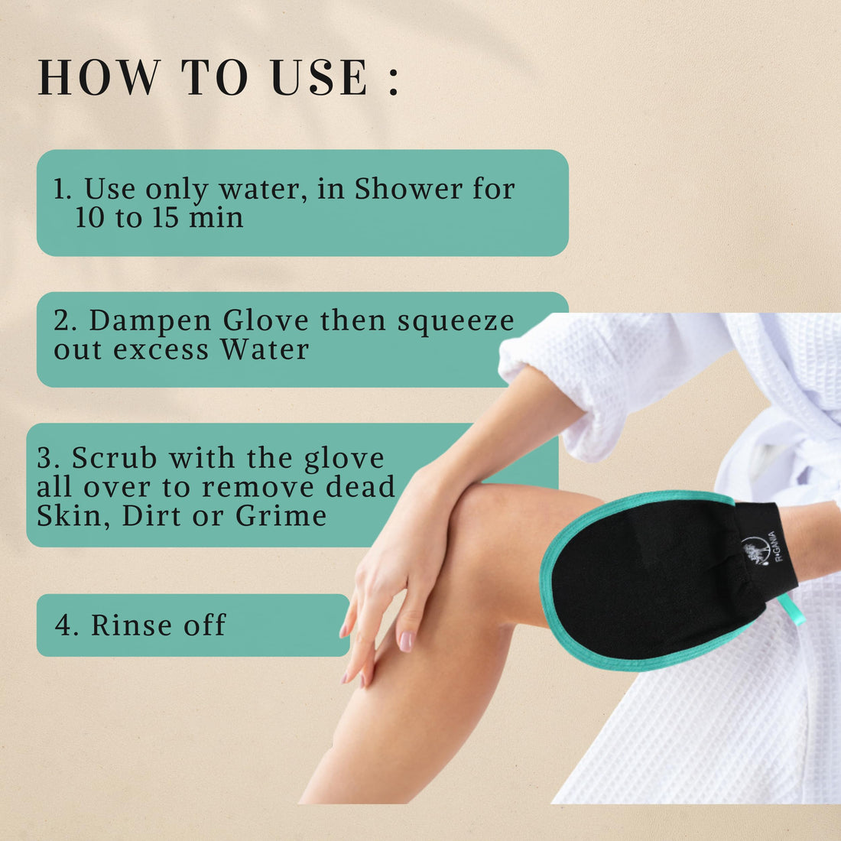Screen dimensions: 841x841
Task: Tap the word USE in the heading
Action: tap(320, 77)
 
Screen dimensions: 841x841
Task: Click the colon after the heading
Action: tap(394, 79)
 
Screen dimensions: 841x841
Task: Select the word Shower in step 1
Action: tap(408, 189)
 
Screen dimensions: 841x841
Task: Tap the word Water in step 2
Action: tap(265, 349)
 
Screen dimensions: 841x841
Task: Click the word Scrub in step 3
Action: tap(114, 459)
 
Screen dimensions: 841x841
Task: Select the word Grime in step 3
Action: tap(281, 516)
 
